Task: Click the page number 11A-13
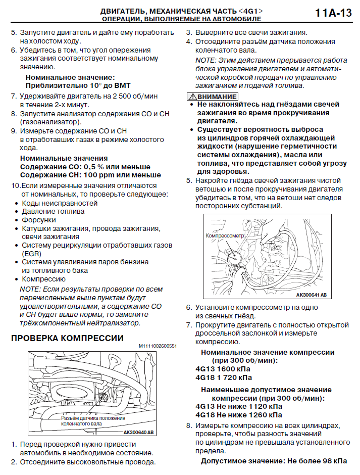tap(333, 14)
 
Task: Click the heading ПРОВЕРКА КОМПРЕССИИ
tap(67, 338)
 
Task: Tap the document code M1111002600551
tap(158, 346)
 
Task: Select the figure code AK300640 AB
tap(138, 433)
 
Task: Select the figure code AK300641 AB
tap(311, 295)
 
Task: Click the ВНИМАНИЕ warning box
tap(212, 97)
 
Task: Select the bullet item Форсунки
tap(38, 220)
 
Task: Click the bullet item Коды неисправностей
tap(60, 203)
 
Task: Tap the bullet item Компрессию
tap(43, 278)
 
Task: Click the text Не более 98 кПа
tap(317, 461)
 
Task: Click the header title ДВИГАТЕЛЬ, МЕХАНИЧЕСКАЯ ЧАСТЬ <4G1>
tap(181, 11)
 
